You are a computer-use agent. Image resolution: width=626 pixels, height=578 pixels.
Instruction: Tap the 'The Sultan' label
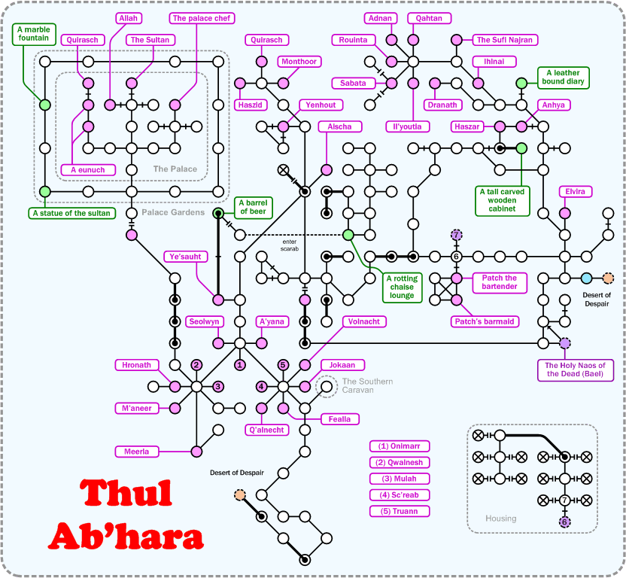pyautogui.click(x=151, y=40)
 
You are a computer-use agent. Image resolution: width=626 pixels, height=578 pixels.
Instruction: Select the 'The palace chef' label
pyautogui.click(x=202, y=18)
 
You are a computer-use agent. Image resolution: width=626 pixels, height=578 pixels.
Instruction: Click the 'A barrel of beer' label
pyautogui.click(x=253, y=207)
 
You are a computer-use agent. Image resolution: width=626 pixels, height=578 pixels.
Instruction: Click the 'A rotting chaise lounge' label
pyautogui.click(x=401, y=287)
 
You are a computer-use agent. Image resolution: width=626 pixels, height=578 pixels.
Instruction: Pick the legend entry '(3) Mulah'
pyautogui.click(x=399, y=479)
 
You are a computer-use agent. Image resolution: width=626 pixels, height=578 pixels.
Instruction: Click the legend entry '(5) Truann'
pyautogui.click(x=399, y=512)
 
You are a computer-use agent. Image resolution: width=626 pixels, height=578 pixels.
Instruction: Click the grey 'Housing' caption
pyautogui.click(x=500, y=519)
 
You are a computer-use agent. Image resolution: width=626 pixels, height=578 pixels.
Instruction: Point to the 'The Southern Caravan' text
pyautogui.click(x=366, y=386)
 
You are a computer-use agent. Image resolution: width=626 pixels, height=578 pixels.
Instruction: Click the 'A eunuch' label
pyautogui.click(x=88, y=170)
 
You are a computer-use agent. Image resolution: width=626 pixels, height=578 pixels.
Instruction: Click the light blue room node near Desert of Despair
pyautogui.click(x=587, y=278)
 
